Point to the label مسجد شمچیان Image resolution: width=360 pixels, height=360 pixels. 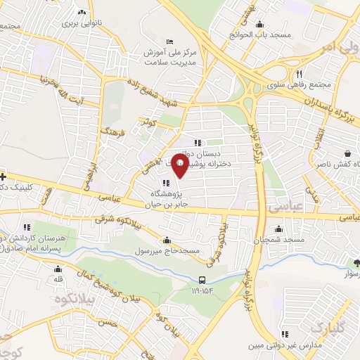pos(280,240)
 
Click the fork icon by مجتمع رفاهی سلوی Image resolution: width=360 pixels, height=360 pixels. pos(299,74)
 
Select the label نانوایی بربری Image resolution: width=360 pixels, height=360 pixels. pos(82,22)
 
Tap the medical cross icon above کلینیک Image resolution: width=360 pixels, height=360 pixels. pos(3,176)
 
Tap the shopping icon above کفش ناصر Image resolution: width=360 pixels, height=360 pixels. pos(347,154)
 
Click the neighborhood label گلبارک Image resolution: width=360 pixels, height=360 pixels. pos(329,328)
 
